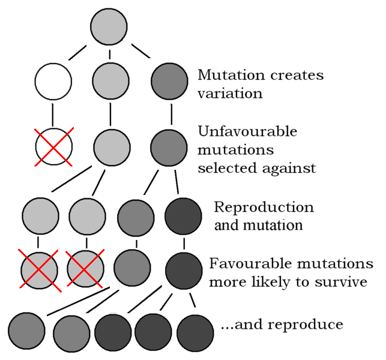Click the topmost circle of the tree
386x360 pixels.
click(x=109, y=26)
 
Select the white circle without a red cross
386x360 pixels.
click(x=53, y=82)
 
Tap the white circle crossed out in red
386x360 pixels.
click(x=54, y=146)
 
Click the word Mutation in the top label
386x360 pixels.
click(x=232, y=75)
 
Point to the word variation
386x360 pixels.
click(x=230, y=94)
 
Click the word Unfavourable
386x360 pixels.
click(x=248, y=131)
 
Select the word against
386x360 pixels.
click(x=289, y=169)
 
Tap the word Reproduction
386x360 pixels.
click(x=264, y=207)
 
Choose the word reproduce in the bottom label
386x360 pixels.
click(x=306, y=325)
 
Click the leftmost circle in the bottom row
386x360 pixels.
click(x=26, y=331)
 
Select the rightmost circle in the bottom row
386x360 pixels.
click(x=195, y=332)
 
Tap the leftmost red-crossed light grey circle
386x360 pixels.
click(x=40, y=271)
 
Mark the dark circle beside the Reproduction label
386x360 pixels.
click(x=183, y=216)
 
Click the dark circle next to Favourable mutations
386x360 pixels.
click(x=184, y=271)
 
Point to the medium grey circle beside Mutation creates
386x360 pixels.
click(x=169, y=81)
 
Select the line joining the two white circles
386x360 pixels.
click(x=52, y=115)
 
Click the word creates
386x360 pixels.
click(x=297, y=75)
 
